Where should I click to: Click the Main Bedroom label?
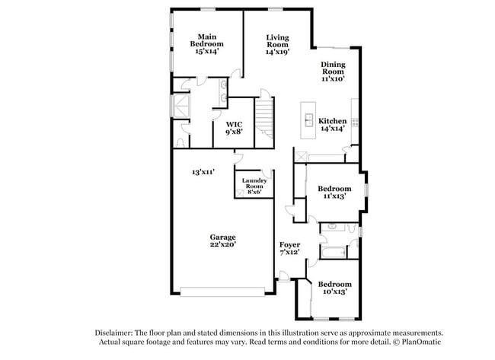tap(206, 44)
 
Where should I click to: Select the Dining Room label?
tap(332, 72)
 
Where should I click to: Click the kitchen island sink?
tap(309, 119)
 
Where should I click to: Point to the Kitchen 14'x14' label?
tap(332, 125)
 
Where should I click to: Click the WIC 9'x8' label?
tap(234, 127)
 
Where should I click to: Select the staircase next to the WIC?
tap(263, 118)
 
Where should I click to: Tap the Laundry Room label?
tap(254, 186)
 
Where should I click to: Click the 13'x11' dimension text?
tap(203, 172)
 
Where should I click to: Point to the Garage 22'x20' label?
tap(222, 241)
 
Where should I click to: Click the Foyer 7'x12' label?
tap(289, 248)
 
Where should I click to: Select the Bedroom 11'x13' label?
tap(334, 192)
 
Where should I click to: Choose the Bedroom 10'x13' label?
tap(334, 285)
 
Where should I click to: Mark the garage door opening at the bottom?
tap(222, 291)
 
